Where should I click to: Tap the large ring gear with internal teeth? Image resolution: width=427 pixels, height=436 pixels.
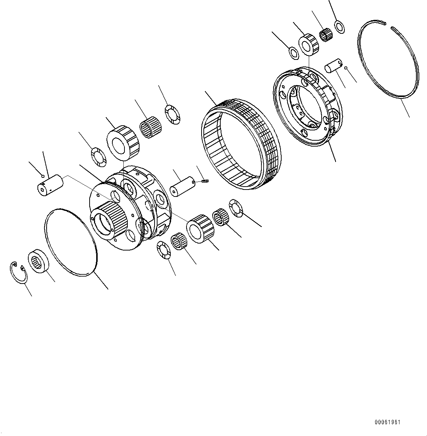[241, 144]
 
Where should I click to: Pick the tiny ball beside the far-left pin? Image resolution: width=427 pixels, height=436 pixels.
[43, 176]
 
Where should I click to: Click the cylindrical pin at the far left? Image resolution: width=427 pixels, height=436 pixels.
[50, 185]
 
